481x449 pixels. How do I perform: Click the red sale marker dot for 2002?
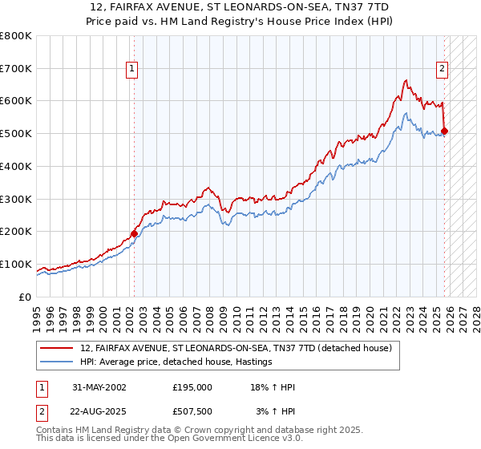134,234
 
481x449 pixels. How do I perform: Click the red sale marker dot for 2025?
445,131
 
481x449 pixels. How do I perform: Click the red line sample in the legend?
57,348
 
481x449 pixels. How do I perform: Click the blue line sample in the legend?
57,362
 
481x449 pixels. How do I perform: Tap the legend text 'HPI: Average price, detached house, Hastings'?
176,362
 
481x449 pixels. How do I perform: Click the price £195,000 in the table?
192,387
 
